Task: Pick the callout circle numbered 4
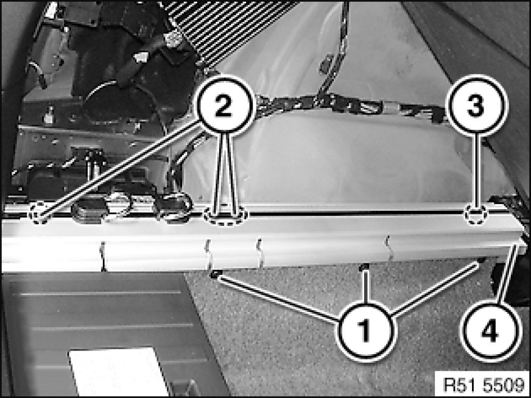coord(490,330)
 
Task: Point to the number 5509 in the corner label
coord(504,385)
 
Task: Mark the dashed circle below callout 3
coord(476,215)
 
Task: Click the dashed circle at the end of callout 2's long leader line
coord(40,213)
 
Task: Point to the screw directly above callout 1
coord(364,268)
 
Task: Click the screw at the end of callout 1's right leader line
coord(480,261)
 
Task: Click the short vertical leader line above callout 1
coord(365,286)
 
